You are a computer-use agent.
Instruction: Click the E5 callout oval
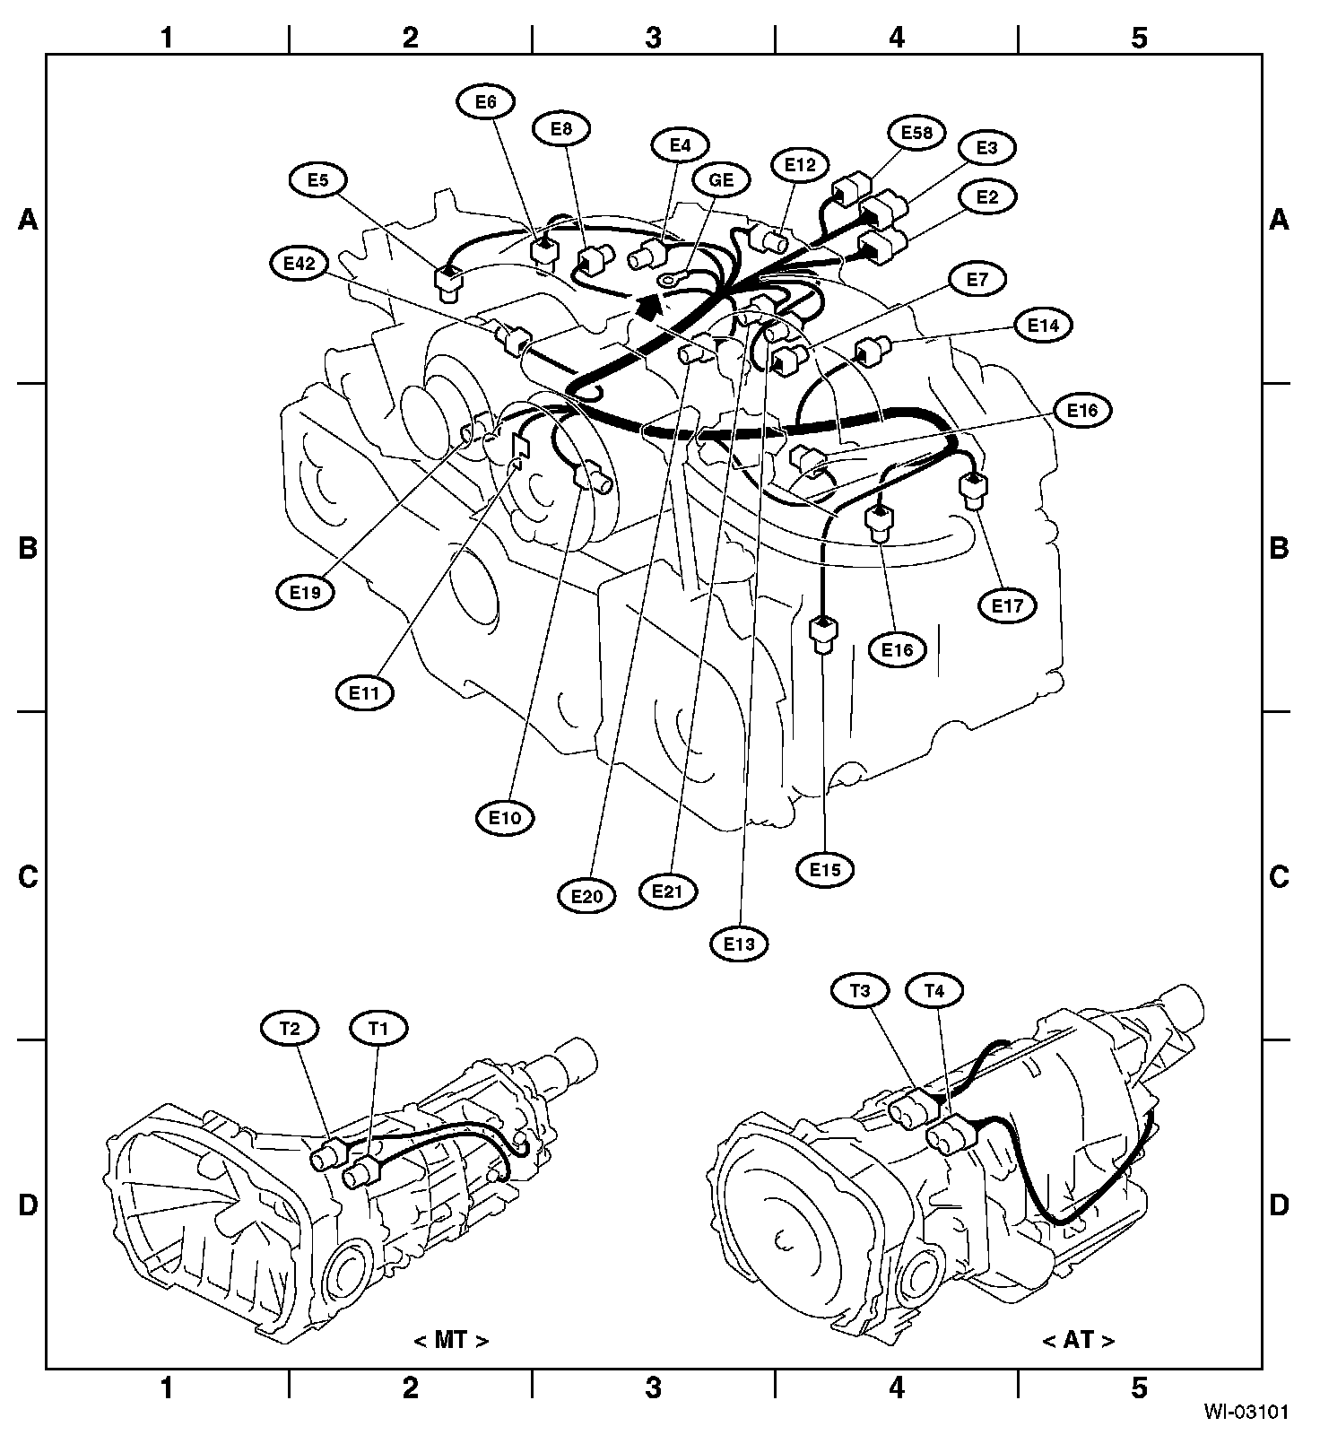point(317,180)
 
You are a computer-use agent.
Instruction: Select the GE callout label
point(721,180)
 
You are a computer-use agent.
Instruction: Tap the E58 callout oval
point(916,134)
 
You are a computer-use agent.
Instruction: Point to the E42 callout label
point(299,264)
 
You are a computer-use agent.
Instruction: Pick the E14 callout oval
point(1044,326)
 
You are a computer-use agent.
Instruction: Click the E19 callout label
point(306,593)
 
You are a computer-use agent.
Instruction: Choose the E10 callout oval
point(505,818)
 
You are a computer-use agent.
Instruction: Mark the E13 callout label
point(740,944)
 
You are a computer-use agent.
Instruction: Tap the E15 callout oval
point(826,869)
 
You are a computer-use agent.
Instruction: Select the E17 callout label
point(1007,605)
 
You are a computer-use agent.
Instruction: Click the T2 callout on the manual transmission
point(289,1029)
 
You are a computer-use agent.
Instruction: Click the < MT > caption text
point(452,1341)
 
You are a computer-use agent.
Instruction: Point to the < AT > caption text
point(1079,1341)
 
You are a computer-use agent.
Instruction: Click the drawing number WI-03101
point(1246,1413)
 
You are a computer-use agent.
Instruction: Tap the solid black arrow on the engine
point(647,308)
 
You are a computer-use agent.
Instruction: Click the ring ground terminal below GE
point(669,281)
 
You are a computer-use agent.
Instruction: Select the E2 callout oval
point(986,196)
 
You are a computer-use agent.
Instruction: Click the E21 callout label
point(668,891)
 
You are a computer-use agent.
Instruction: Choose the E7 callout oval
point(977,280)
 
